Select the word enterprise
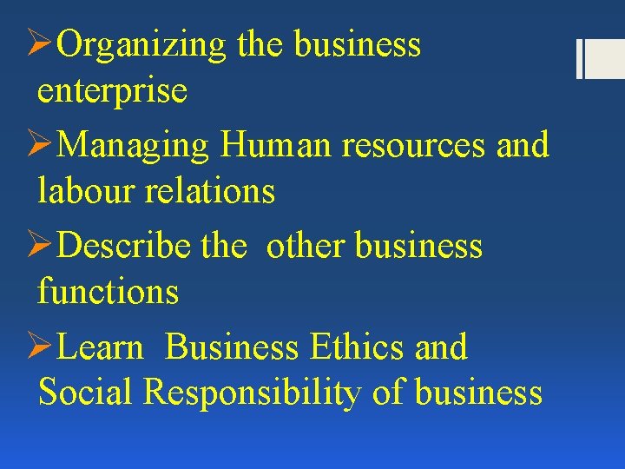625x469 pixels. [112, 89]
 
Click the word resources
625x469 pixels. [414, 146]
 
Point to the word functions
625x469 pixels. [108, 291]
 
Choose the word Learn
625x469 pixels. [103, 347]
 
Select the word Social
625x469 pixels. [85, 392]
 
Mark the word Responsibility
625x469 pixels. [252, 393]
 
